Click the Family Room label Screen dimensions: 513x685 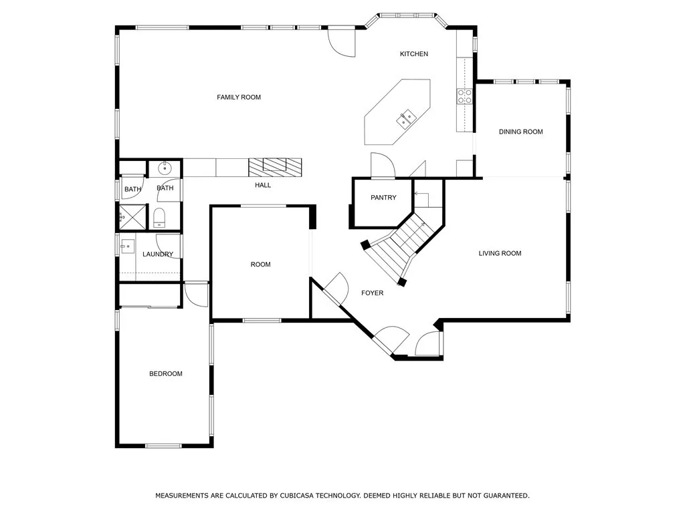[x=239, y=98]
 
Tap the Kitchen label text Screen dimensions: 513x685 [x=413, y=54]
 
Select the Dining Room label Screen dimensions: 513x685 [x=520, y=132]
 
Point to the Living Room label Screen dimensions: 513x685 [x=500, y=253]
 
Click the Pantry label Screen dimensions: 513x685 [x=383, y=198]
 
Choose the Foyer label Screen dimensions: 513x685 [x=372, y=293]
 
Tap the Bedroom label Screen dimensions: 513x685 [x=165, y=374]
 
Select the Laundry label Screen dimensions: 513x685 [x=158, y=254]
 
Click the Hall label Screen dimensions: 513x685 [x=263, y=185]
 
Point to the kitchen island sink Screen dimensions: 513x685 [x=406, y=120]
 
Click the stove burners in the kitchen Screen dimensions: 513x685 [x=465, y=96]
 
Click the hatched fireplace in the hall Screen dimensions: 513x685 [x=275, y=166]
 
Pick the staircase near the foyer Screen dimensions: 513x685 [x=398, y=244]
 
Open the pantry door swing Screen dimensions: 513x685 [x=381, y=165]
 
